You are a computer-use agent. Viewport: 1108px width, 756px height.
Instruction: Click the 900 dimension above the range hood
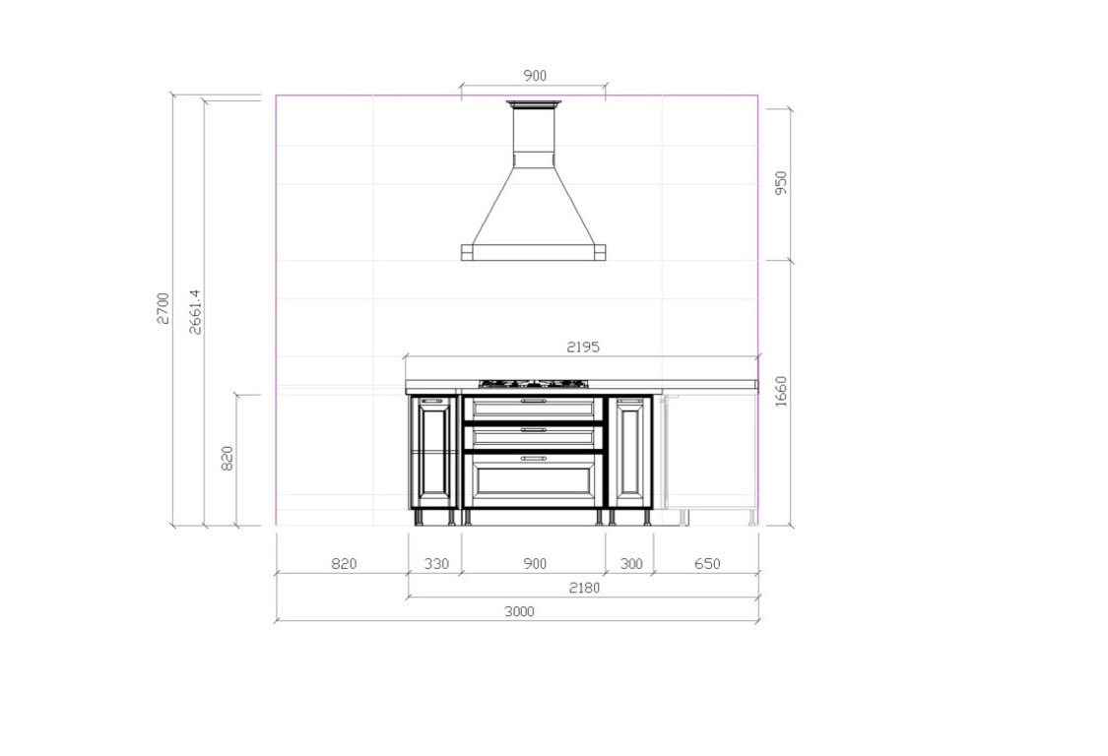tap(535, 76)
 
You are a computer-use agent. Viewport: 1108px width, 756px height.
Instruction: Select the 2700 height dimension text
tap(163, 308)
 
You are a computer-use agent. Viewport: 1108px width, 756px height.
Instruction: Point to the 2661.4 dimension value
tap(196, 311)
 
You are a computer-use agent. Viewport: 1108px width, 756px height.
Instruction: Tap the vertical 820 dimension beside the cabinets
tap(228, 459)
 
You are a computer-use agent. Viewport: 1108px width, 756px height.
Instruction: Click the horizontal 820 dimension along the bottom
tap(344, 564)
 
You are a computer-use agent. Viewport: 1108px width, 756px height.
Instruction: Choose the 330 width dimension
tap(436, 564)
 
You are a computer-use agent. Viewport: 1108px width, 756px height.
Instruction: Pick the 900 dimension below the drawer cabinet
tap(535, 564)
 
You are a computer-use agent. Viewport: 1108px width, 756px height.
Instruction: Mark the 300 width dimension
tap(631, 564)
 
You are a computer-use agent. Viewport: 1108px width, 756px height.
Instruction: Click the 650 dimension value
tap(707, 564)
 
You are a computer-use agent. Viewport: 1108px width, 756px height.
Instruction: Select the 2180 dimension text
tap(584, 588)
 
